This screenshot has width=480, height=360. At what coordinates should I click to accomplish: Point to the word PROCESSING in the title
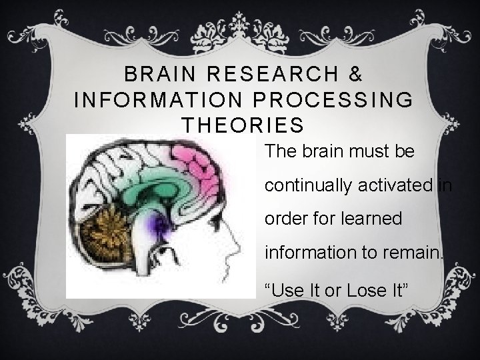[x=331, y=99]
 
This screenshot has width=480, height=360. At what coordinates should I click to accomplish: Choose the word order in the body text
[x=284, y=219]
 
